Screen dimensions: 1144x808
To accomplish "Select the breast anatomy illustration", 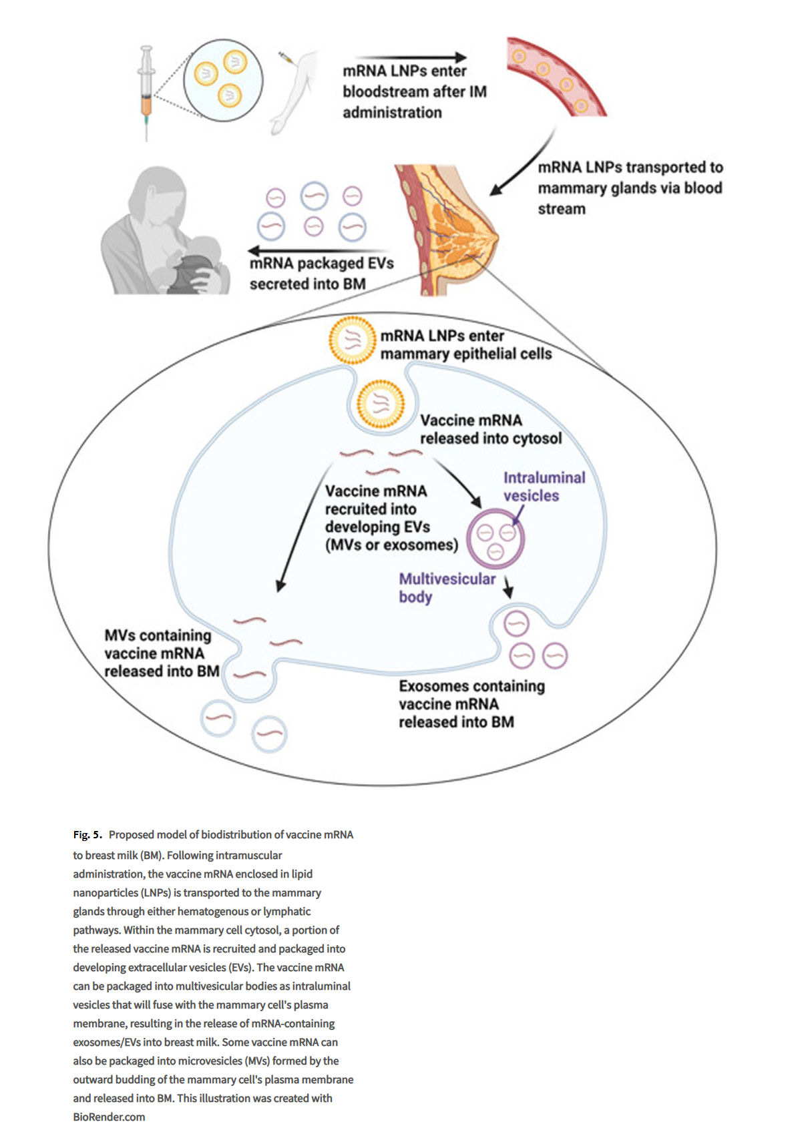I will click(444, 230).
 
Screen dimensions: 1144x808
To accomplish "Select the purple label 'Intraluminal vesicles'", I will click(544, 487).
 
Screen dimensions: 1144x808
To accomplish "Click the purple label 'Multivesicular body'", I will click(447, 588).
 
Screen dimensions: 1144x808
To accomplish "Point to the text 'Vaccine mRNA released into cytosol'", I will click(490, 429).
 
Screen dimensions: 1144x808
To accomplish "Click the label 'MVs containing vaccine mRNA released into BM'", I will click(160, 653).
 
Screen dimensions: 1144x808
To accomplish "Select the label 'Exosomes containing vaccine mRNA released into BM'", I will click(471, 704).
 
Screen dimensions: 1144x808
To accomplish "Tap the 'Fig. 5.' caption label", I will click(87, 835).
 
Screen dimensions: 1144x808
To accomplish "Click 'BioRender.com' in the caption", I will click(109, 1117).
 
